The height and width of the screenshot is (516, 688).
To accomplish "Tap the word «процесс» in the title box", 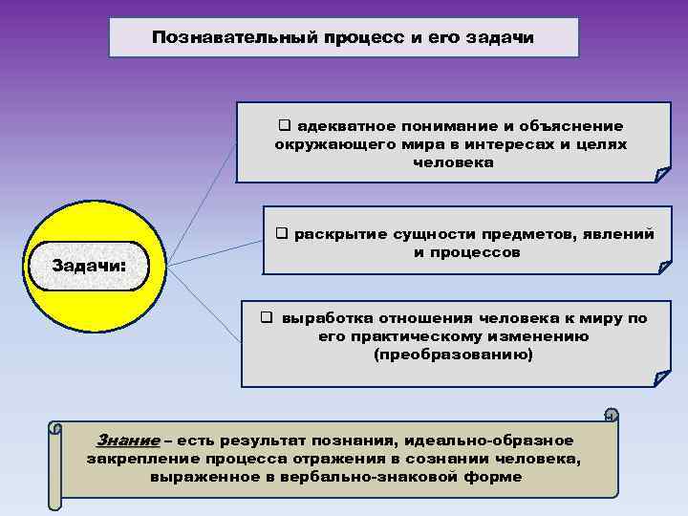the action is (x=324, y=38).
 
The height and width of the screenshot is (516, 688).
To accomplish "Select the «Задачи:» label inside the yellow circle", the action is (x=88, y=264).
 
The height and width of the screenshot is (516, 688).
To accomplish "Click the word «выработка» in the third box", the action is (x=325, y=318).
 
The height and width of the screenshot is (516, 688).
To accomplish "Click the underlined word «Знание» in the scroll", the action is (x=128, y=441).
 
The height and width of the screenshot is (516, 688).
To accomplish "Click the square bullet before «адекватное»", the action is (x=284, y=126).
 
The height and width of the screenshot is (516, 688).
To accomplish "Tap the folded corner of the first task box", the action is (x=661, y=174).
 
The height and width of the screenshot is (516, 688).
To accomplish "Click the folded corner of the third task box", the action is (x=660, y=379).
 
